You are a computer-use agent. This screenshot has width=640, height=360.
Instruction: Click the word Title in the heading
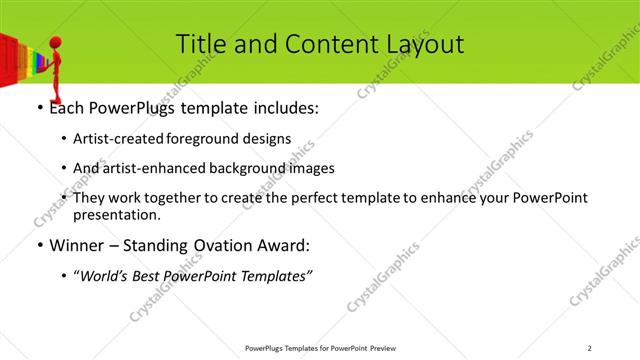coord(201,44)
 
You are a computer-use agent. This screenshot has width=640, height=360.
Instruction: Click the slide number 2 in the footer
coord(590,348)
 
